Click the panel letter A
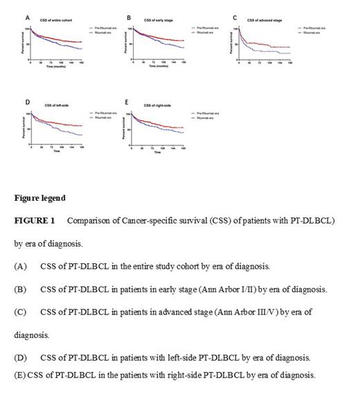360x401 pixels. pos(28,17)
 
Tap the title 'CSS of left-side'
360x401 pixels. pos(56,105)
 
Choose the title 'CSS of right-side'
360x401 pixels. pos(156,105)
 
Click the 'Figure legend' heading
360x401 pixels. pos(40,198)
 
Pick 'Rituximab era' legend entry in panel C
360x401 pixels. pos(314,32)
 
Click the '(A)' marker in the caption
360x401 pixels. pos(20,266)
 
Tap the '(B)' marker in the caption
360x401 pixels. pos(20,289)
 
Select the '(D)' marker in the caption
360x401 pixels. pos(20,357)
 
